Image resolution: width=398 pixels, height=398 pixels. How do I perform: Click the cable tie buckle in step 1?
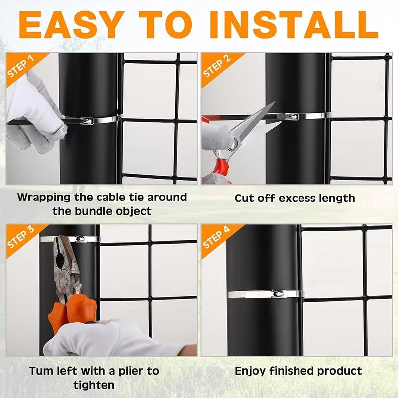86,120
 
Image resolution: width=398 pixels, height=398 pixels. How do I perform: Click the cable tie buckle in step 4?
276,294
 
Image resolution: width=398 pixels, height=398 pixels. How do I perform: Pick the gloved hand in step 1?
35,107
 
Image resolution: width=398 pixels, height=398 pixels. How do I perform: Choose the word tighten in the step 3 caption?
94,385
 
